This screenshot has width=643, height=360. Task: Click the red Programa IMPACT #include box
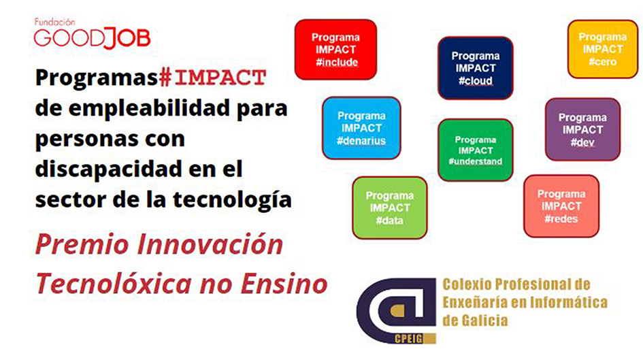click(335, 50)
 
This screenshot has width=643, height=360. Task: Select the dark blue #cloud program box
click(476, 68)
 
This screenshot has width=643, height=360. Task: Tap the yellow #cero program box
click(602, 49)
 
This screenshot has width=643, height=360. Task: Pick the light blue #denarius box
click(361, 128)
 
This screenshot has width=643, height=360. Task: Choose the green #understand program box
click(476, 150)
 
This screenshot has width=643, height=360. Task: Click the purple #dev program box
click(582, 129)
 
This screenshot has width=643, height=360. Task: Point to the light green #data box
click(390, 208)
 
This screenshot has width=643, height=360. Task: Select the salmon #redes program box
click(561, 206)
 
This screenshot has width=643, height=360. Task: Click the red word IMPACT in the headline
click(220, 78)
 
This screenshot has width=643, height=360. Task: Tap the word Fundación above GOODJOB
click(54, 22)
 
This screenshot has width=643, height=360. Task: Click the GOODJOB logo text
click(93, 38)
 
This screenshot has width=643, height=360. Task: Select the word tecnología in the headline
click(232, 200)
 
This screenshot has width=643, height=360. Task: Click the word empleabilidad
click(149, 109)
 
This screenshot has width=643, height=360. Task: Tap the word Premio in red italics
click(82, 244)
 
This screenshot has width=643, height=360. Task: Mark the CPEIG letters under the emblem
click(408, 339)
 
